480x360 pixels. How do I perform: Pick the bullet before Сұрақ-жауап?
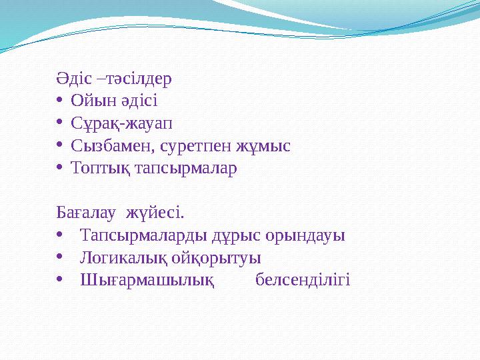[x=60, y=123]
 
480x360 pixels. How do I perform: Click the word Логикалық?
[x=123, y=258]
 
